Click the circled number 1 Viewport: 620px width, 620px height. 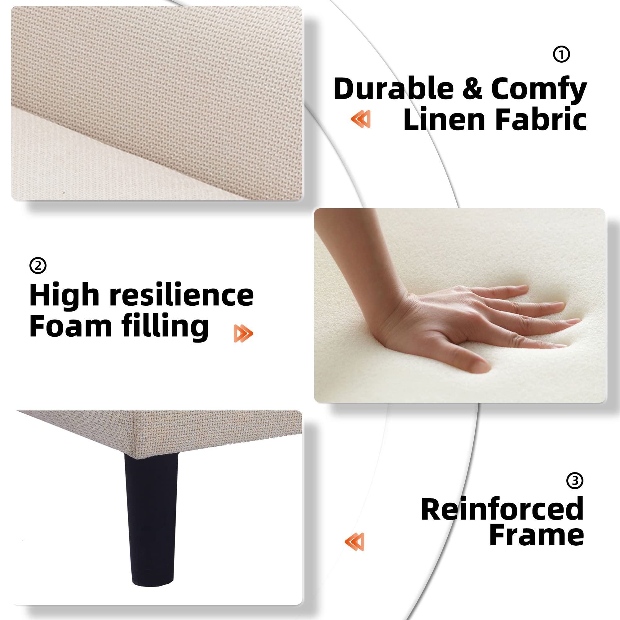pyautogui.click(x=562, y=54)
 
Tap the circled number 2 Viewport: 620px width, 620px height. pyautogui.click(x=38, y=266)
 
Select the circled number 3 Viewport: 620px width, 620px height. pyautogui.click(x=575, y=480)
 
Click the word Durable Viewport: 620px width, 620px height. pyautogui.click(x=393, y=89)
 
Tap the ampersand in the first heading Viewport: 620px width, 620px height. pyautogui.click(x=472, y=89)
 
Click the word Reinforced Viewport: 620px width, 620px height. pyautogui.click(x=502, y=510)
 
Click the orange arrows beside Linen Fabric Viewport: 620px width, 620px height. pyautogui.click(x=361, y=119)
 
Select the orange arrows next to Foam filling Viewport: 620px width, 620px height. pyautogui.click(x=243, y=334)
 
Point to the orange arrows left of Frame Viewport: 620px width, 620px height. pyautogui.click(x=354, y=542)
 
